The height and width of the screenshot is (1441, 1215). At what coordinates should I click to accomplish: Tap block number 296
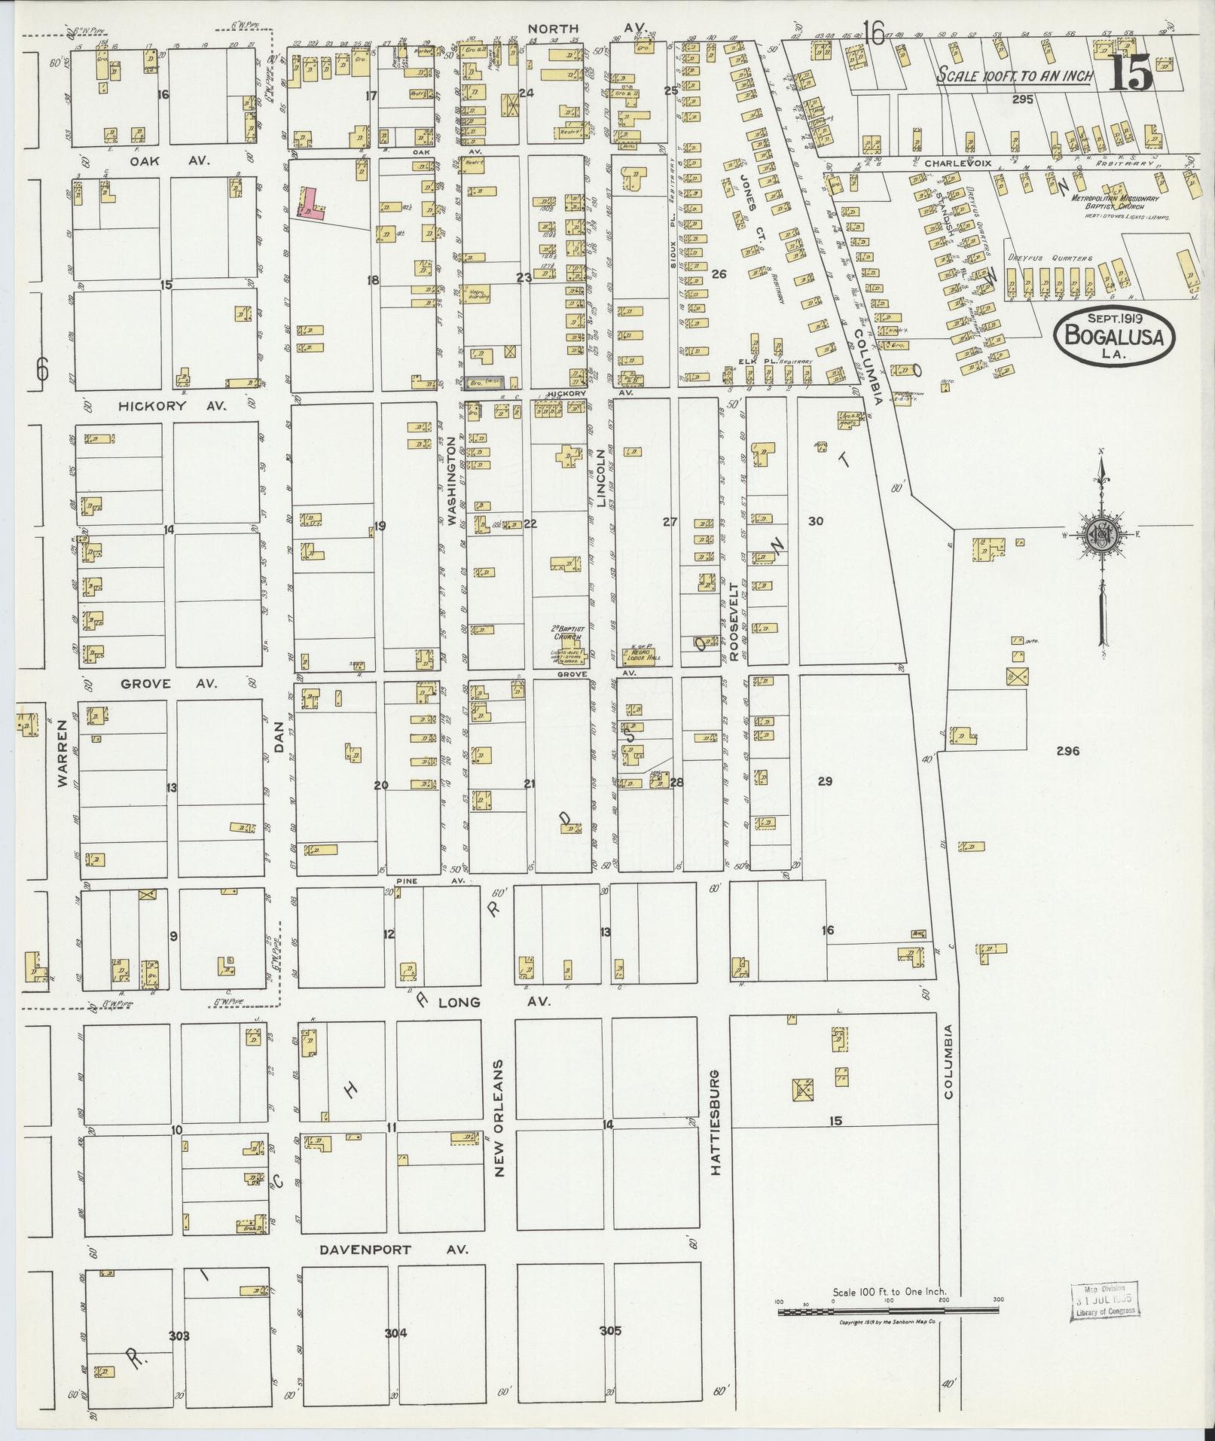(1068, 750)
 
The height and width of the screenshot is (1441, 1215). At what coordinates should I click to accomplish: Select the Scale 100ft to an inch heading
(1014, 77)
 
